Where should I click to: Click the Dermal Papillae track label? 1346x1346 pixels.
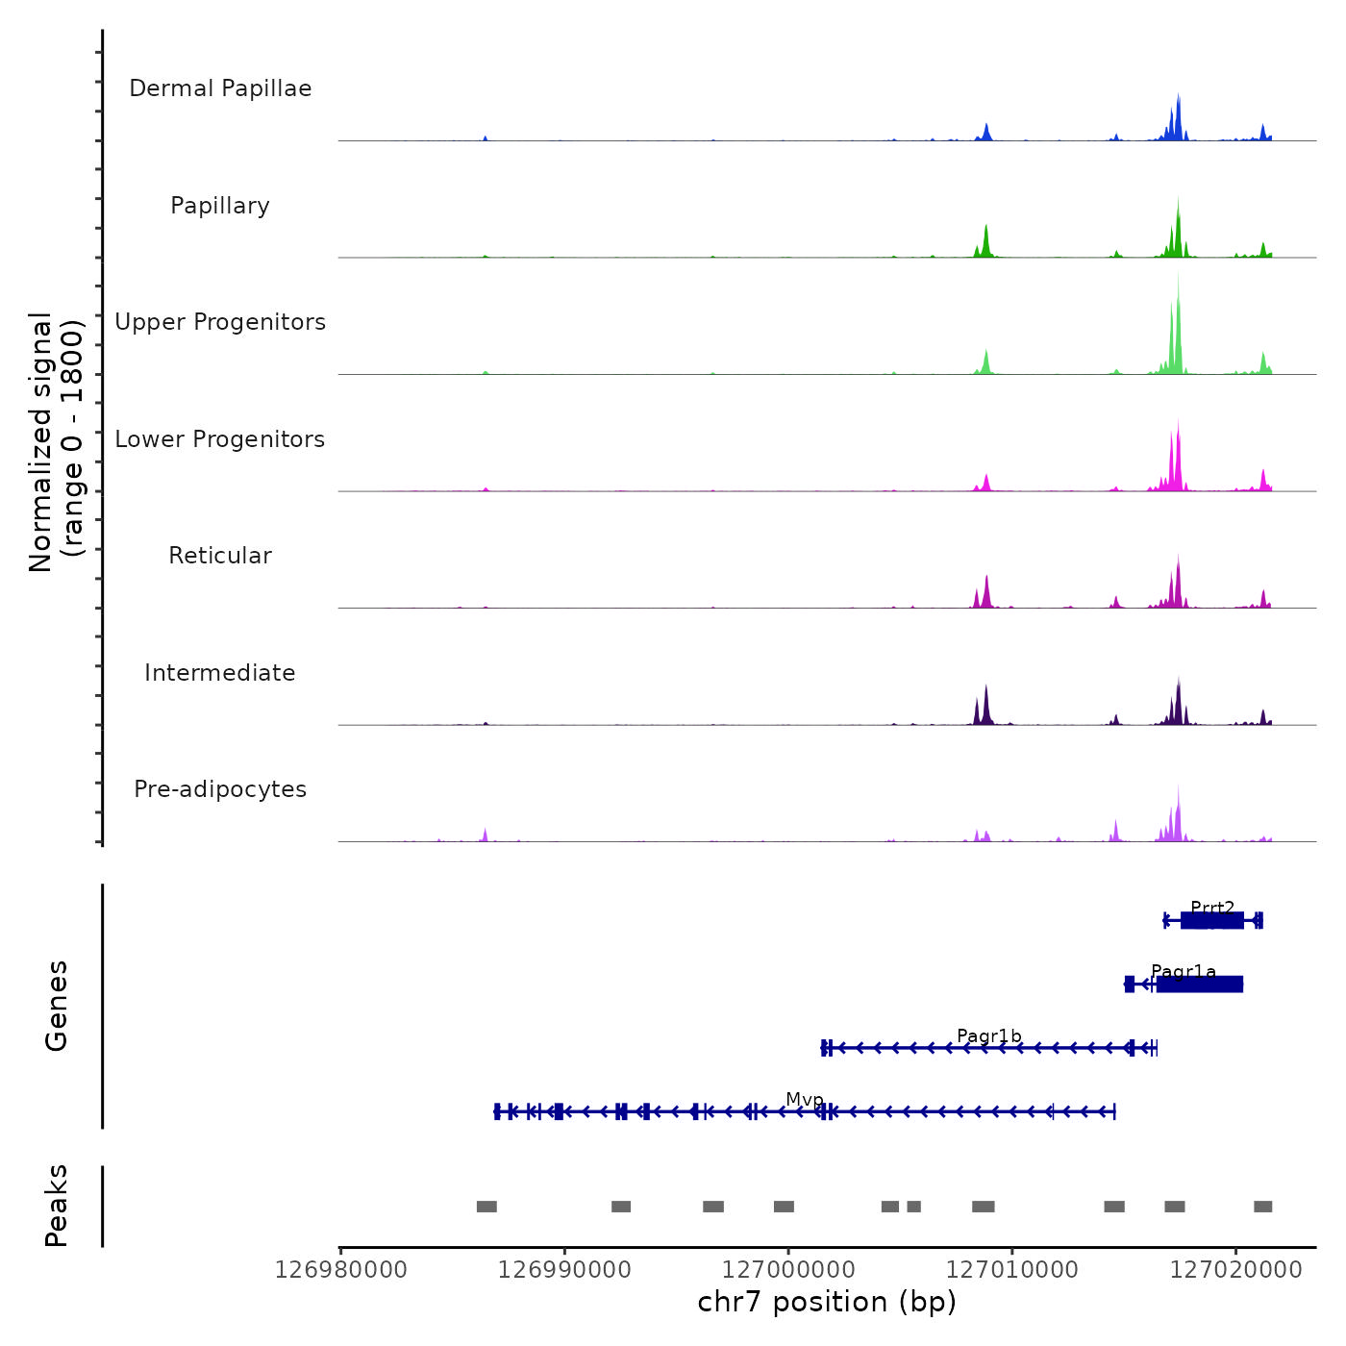(220, 88)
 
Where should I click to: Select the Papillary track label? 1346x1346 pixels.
(220, 206)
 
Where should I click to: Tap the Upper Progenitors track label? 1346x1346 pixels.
(220, 322)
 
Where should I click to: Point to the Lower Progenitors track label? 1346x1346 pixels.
(220, 439)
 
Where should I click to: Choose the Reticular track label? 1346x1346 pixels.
(220, 556)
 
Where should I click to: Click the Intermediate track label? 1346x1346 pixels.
(220, 673)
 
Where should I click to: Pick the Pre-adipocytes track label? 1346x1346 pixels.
(220, 789)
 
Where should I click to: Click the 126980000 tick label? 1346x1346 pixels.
(340, 1270)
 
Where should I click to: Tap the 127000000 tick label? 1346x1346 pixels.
(788, 1270)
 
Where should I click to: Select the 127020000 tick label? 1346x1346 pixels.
(1235, 1270)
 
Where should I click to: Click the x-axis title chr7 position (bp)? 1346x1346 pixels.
(827, 1303)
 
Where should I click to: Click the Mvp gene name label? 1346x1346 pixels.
(805, 1100)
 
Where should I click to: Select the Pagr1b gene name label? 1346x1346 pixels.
(989, 1036)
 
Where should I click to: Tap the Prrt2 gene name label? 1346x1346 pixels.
(1212, 908)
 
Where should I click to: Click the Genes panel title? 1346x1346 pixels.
(57, 1006)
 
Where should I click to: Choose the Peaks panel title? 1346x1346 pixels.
(57, 1206)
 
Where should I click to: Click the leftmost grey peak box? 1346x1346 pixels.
(486, 1207)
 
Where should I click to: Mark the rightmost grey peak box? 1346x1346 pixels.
(1262, 1207)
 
